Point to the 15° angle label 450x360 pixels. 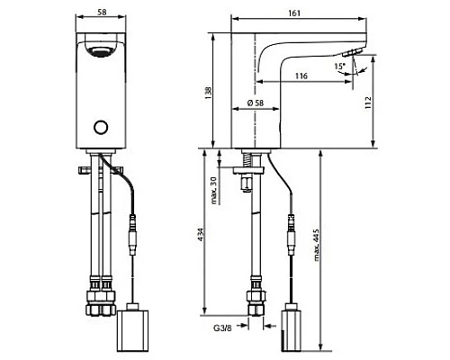pyautogui.click(x=340, y=67)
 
